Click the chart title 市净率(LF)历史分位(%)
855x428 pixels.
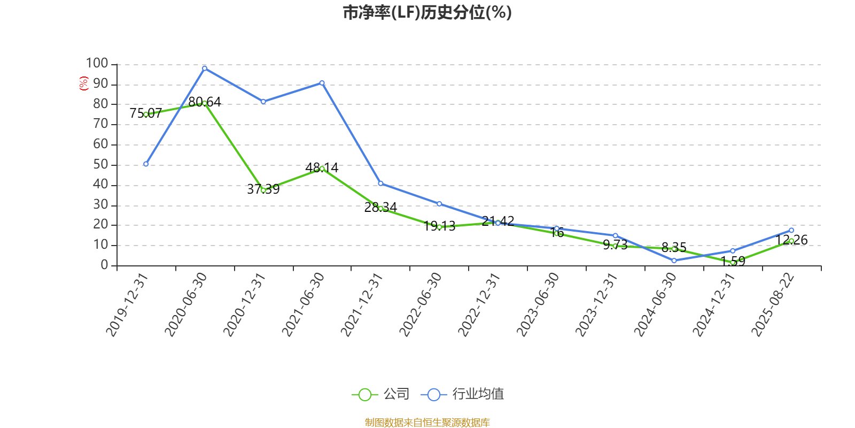click(427, 12)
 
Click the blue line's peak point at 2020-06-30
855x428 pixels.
click(205, 68)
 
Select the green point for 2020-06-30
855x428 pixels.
click(205, 103)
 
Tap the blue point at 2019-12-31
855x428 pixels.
click(146, 164)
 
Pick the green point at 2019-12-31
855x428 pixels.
click(146, 114)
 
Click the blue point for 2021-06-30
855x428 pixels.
click(322, 83)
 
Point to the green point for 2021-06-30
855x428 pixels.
click(322, 168)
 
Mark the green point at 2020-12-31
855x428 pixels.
click(263, 190)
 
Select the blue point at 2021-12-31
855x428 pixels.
click(380, 184)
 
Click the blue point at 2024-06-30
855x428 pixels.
click(674, 261)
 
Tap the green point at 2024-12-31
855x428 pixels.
click(733, 263)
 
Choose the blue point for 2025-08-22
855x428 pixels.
click(791, 230)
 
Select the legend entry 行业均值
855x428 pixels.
click(463, 394)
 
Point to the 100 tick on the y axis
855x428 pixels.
click(97, 64)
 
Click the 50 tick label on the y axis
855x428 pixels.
click(100, 165)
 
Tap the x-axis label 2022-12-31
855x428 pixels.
click(479, 304)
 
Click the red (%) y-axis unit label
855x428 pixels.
click(83, 83)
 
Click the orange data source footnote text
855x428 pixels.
click(427, 423)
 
